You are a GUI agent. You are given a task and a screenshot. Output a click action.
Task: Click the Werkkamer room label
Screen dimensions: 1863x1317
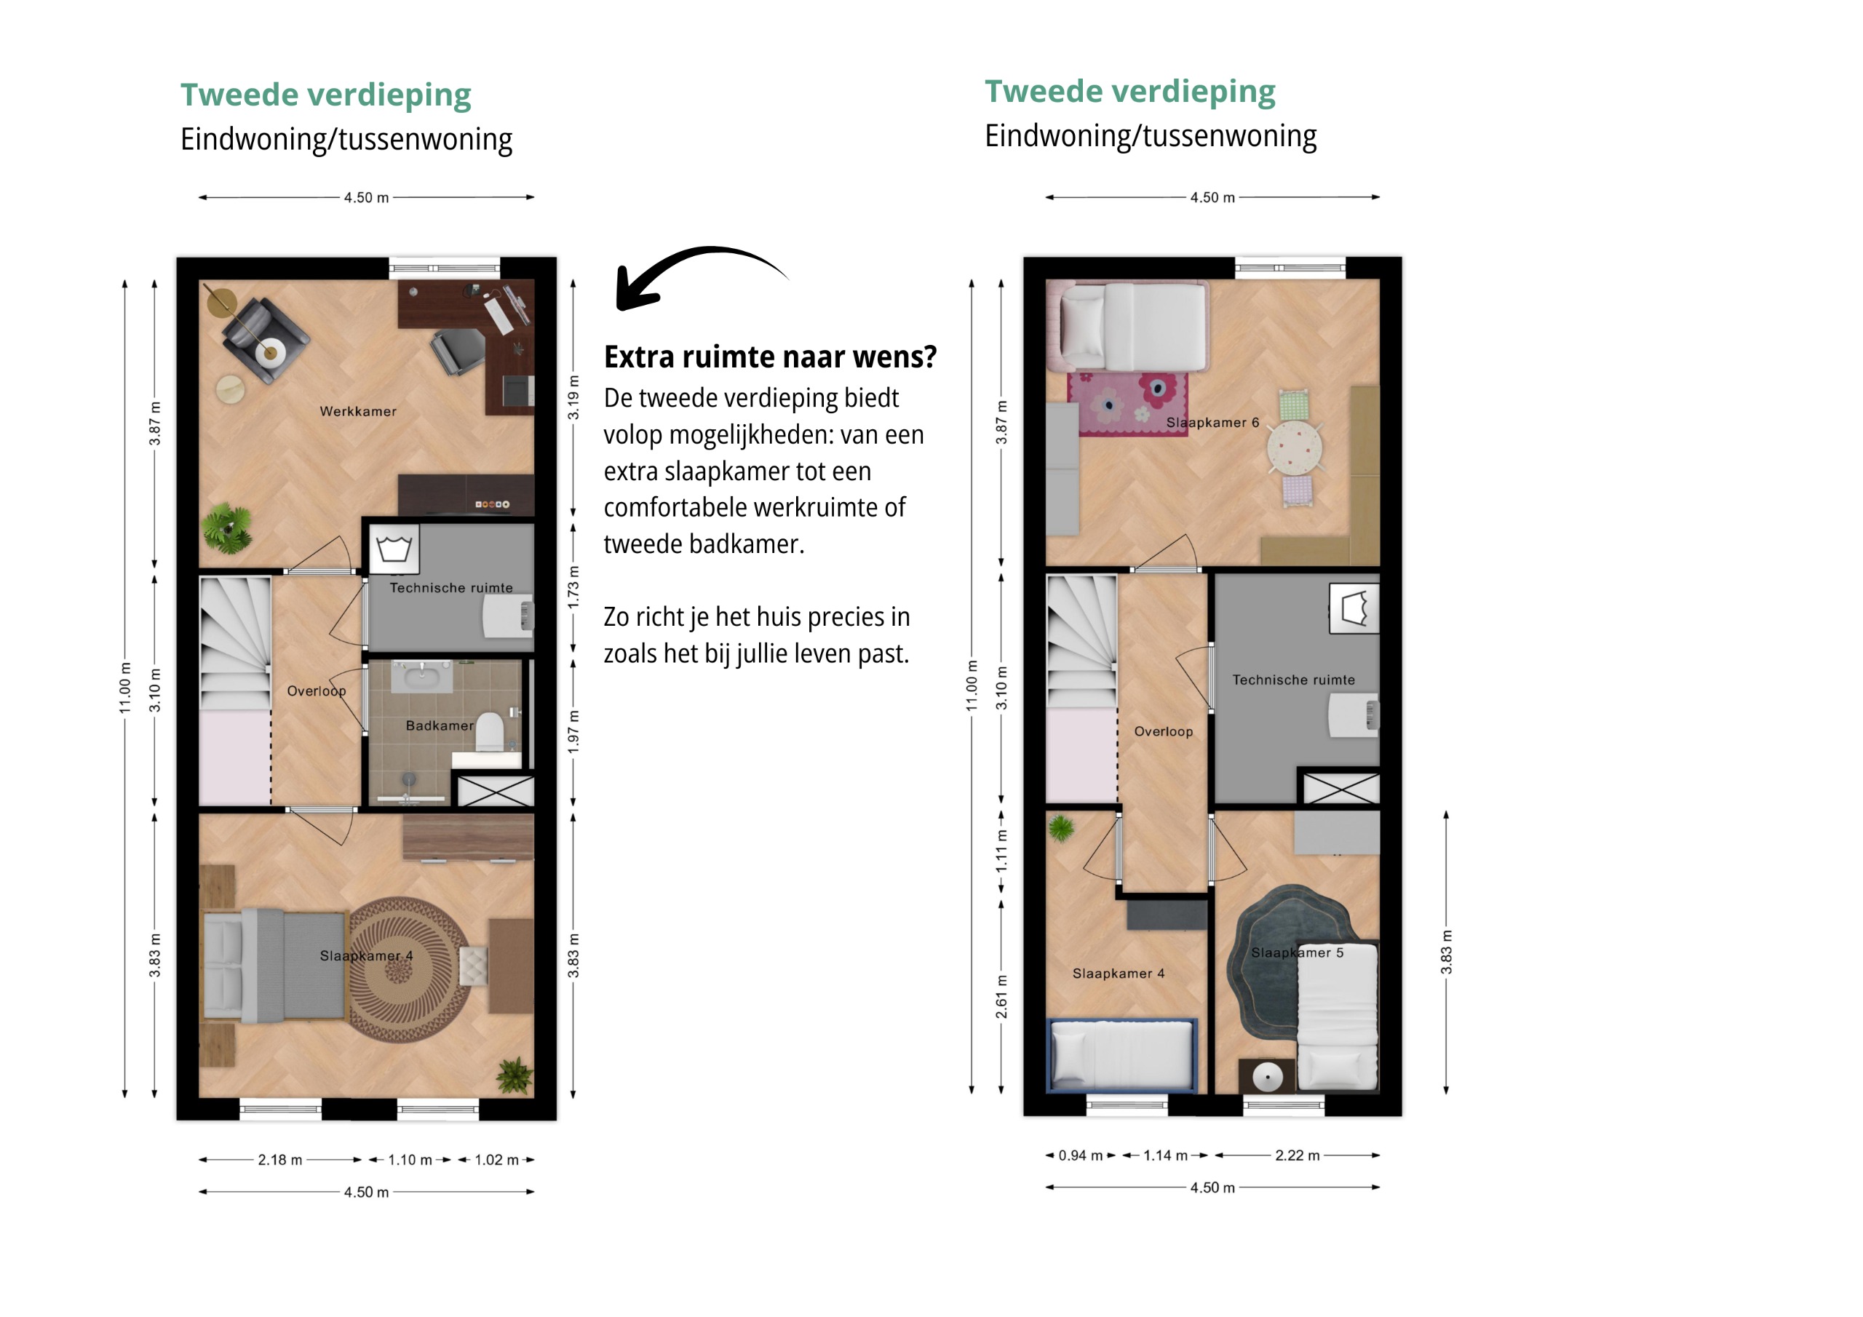[358, 411]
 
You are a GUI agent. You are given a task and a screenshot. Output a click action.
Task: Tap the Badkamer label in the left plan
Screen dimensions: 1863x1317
[439, 725]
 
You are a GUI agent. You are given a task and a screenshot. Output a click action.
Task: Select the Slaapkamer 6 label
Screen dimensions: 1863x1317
[1212, 422]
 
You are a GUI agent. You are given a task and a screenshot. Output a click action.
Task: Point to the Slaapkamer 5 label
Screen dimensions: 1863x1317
[1297, 952]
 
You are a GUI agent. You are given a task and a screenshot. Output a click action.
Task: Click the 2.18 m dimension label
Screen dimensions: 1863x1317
[280, 1160]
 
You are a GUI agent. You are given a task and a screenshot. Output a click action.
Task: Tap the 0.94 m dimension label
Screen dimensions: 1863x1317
[1080, 1155]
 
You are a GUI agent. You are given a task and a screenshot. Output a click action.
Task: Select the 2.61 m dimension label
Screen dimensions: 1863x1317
[1002, 996]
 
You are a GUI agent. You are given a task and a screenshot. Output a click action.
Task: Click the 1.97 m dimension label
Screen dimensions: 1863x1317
[573, 732]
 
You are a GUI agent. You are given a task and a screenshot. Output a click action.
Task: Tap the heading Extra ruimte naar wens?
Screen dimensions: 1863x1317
[770, 357]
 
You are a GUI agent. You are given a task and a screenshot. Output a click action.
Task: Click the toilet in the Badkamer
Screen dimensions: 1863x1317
[489, 731]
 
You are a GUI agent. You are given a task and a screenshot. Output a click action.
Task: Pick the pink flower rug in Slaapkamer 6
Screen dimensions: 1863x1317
[1127, 403]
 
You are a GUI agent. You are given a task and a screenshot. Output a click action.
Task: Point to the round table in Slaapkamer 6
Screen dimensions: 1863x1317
[1294, 447]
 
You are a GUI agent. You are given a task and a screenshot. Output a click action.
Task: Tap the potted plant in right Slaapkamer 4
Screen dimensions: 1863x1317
[1060, 828]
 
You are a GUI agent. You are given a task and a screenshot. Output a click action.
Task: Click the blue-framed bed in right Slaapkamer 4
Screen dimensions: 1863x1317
[1122, 1055]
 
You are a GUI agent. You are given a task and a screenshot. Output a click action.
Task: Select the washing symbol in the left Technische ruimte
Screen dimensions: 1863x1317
[394, 549]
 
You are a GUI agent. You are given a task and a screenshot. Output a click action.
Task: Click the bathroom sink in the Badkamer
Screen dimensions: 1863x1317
[422, 677]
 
